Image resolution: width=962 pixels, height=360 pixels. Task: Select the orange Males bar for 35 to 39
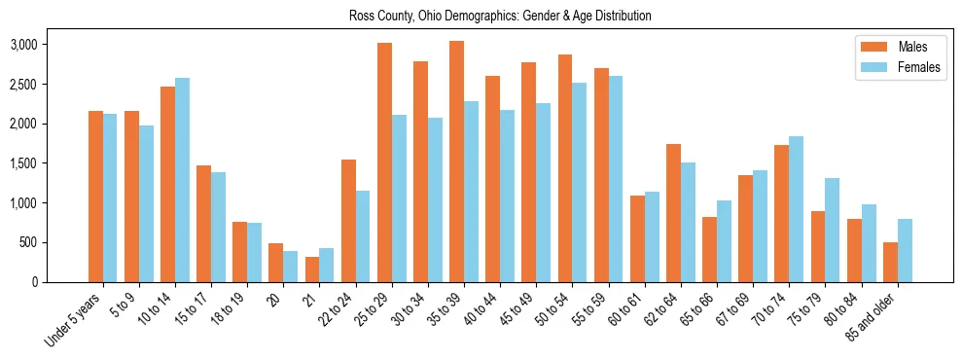pyautogui.click(x=456, y=162)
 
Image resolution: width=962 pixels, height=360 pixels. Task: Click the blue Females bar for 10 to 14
pyautogui.click(x=182, y=180)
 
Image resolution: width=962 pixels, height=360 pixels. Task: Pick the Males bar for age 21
pyautogui.click(x=312, y=270)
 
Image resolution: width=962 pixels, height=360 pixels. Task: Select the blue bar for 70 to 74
pyautogui.click(x=797, y=209)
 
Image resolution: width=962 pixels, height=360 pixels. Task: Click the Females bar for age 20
pyautogui.click(x=291, y=267)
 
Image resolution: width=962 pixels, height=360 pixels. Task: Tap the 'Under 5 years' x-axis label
pyautogui.click(x=73, y=322)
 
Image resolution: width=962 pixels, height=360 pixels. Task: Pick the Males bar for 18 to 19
pyautogui.click(x=239, y=252)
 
